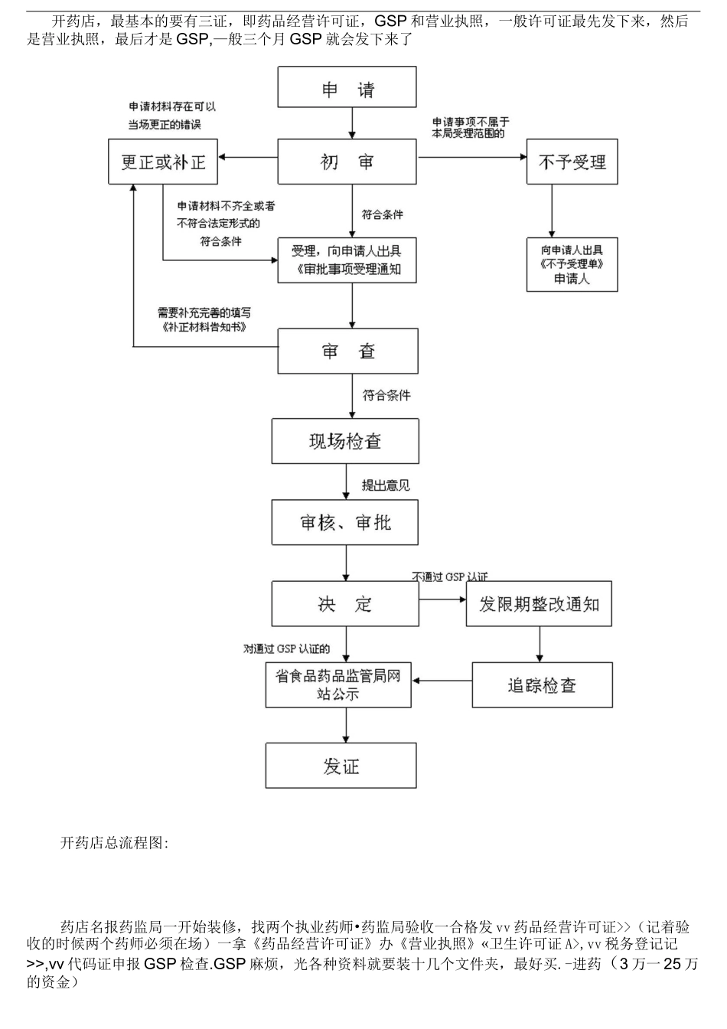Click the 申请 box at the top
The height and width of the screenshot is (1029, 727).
pyautogui.click(x=346, y=87)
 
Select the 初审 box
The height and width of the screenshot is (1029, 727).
pyautogui.click(x=346, y=162)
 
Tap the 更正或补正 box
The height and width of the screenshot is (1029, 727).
pyautogui.click(x=163, y=162)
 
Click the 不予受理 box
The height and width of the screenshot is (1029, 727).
pyautogui.click(x=572, y=162)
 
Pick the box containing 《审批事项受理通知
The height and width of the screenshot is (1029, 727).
pyautogui.click(x=346, y=260)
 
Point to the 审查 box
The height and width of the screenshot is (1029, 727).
pyautogui.click(x=347, y=351)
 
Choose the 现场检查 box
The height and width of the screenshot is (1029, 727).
pyautogui.click(x=345, y=441)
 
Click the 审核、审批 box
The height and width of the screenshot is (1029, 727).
pyautogui.click(x=345, y=522)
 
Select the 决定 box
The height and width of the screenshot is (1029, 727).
pyautogui.click(x=345, y=604)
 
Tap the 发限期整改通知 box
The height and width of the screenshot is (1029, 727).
pyautogui.click(x=539, y=604)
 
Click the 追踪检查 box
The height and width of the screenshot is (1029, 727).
pyautogui.click(x=542, y=685)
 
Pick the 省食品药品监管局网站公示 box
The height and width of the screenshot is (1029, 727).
pyautogui.click(x=338, y=685)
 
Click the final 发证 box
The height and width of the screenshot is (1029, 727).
pyautogui.click(x=341, y=766)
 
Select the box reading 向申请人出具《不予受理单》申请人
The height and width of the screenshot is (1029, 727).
pyautogui.click(x=572, y=264)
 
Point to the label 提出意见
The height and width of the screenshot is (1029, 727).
pyautogui.click(x=386, y=485)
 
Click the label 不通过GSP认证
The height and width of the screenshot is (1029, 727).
pyautogui.click(x=449, y=577)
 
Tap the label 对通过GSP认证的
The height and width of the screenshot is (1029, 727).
pyautogui.click(x=286, y=648)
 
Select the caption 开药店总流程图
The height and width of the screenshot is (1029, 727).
pyautogui.click(x=114, y=843)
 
